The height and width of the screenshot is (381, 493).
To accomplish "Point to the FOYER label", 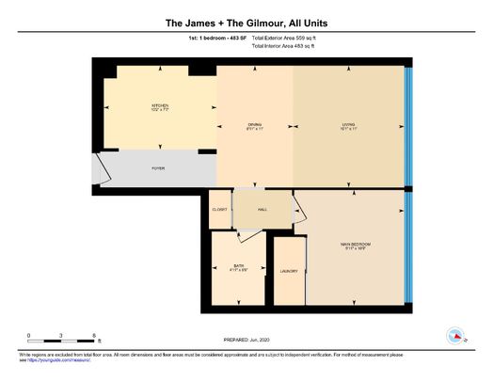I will pyautogui.click(x=158, y=167).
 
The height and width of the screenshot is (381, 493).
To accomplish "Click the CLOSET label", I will pyautogui.click(x=220, y=209).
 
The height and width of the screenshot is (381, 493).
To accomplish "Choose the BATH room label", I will pyautogui.click(x=239, y=267).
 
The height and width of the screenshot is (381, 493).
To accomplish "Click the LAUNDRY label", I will pyautogui.click(x=289, y=271).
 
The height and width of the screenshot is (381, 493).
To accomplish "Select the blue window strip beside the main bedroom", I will pyautogui.click(x=407, y=246).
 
